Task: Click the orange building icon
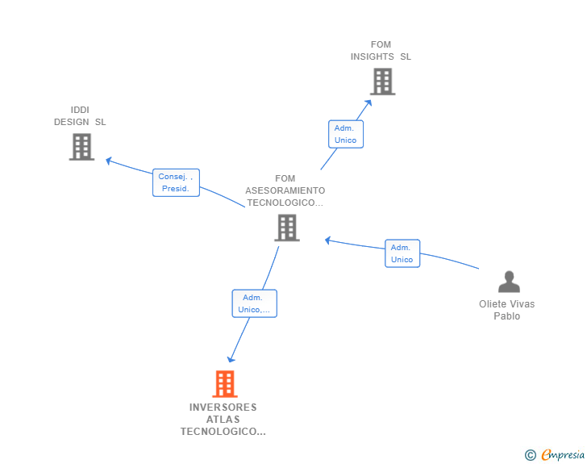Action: tap(225, 384)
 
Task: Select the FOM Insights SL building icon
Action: tap(382, 82)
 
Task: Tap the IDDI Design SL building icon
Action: tap(81, 147)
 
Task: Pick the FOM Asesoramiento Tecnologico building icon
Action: tap(287, 228)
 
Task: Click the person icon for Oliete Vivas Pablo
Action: tap(509, 282)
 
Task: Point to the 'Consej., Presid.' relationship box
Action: tap(176, 182)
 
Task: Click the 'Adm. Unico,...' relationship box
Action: tap(254, 303)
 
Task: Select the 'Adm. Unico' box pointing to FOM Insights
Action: tap(345, 134)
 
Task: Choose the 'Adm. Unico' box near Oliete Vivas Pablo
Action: tap(402, 253)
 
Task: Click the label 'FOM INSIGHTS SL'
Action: tap(381, 51)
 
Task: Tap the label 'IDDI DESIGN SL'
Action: tap(80, 116)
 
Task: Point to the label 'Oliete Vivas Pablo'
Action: tap(507, 310)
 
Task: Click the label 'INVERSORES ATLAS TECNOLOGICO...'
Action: tap(223, 420)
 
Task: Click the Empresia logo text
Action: tap(563, 455)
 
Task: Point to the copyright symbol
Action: tap(531, 455)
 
